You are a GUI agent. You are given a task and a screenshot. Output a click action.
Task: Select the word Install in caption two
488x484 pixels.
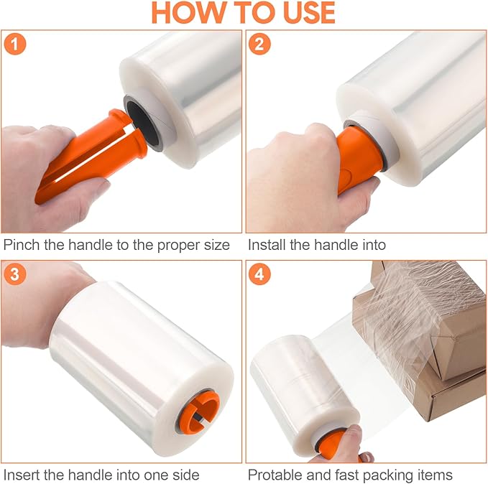click(x=269, y=245)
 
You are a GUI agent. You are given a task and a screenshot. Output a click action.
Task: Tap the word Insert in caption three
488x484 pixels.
click(x=22, y=475)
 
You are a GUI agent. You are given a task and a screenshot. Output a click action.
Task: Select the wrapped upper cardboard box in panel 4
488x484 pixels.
click(x=424, y=316)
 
